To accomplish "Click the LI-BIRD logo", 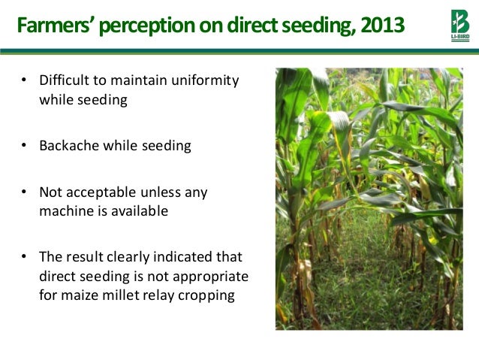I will [x=454, y=25].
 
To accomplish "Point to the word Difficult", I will [x=65, y=80].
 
